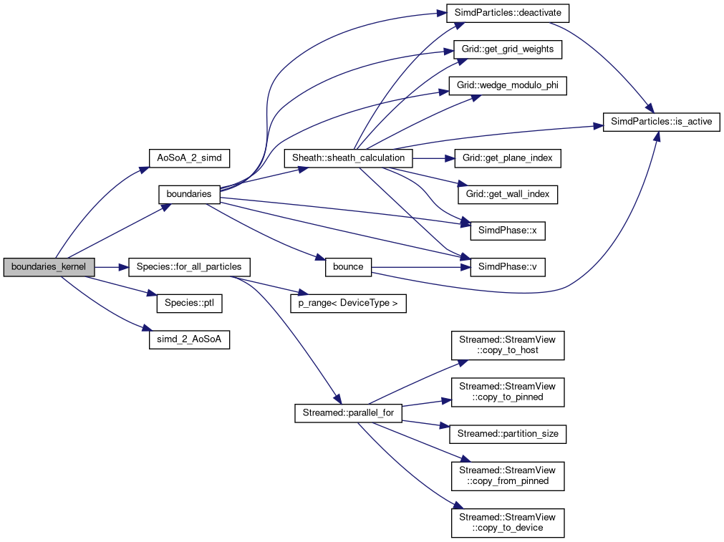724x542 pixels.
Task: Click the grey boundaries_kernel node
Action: click(x=49, y=267)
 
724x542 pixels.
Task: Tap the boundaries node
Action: click(x=188, y=194)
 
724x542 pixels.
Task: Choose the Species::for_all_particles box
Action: click(x=188, y=267)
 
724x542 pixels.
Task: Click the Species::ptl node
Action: click(x=189, y=304)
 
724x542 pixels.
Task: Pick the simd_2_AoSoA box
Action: click(x=189, y=340)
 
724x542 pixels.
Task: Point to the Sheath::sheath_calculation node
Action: click(x=348, y=158)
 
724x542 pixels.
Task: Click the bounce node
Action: click(x=348, y=267)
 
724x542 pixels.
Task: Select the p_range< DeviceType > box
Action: click(x=348, y=304)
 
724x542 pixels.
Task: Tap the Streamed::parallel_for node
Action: click(x=348, y=413)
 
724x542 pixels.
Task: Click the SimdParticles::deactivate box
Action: click(x=508, y=13)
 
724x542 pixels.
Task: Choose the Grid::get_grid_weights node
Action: click(x=508, y=49)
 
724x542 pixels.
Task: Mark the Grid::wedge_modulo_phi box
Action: click(x=508, y=86)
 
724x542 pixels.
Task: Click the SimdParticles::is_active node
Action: click(x=661, y=122)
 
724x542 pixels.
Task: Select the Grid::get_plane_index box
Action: click(x=508, y=158)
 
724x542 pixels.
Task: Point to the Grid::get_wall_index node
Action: click(x=508, y=194)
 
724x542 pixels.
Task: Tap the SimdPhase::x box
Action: click(x=508, y=231)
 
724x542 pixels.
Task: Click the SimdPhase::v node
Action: click(x=508, y=267)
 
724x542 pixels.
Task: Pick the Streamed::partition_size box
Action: click(x=508, y=434)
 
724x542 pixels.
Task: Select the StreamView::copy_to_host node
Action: click(x=508, y=345)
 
